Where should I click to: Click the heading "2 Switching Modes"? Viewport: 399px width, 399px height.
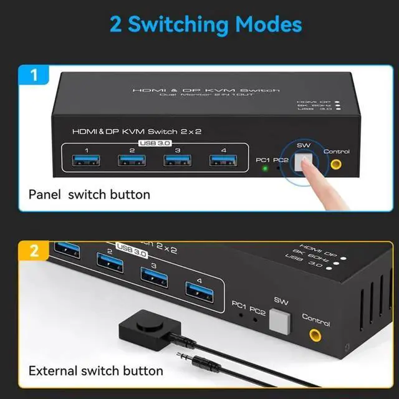206,24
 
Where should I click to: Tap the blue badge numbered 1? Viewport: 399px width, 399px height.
34,75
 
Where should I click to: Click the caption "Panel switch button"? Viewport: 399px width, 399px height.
89,195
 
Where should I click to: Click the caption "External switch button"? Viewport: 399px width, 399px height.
95,371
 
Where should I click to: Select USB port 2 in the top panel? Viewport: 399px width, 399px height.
132,161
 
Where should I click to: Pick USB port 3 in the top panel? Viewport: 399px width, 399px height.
178,161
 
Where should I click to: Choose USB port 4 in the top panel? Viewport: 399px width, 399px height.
223,161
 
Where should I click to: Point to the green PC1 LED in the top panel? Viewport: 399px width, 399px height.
264,168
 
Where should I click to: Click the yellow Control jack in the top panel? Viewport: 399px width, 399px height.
336,165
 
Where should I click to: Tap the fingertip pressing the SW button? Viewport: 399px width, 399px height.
312,170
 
